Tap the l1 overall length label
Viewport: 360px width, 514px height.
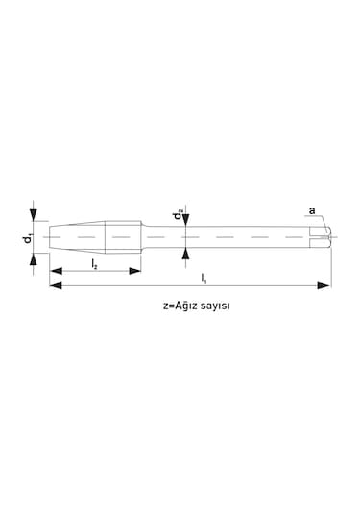point(204,279)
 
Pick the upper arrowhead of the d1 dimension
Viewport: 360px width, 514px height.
point(35,217)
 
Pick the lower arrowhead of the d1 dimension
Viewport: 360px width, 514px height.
point(35,255)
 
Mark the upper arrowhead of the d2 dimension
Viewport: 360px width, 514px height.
point(186,224)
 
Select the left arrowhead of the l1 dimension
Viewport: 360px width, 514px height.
point(53,285)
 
